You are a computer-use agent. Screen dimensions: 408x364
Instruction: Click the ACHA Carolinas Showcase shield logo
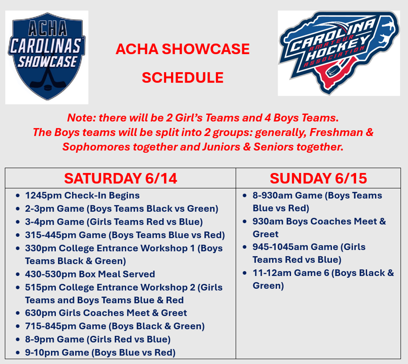[x=47, y=56]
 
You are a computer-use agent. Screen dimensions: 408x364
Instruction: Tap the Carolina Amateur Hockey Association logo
[x=339, y=53]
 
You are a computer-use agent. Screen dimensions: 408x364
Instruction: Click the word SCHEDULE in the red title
[x=182, y=78]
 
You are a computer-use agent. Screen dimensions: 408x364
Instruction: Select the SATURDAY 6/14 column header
[x=120, y=178]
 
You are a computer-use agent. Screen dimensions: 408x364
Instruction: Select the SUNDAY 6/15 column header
[x=318, y=178]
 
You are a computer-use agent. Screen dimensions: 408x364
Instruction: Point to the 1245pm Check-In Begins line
[x=82, y=195]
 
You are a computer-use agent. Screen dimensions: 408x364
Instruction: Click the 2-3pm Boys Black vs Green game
[x=122, y=209]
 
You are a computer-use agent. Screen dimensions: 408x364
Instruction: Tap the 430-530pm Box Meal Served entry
[x=90, y=274]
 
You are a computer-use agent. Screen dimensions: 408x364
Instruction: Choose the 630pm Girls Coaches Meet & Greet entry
[x=106, y=313]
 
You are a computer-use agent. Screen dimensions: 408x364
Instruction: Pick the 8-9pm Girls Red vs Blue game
[x=98, y=339]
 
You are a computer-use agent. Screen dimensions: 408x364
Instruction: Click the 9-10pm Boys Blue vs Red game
[x=100, y=352]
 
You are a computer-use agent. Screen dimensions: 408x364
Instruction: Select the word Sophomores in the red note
[x=96, y=147]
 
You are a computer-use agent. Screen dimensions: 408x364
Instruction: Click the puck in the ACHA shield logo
[x=48, y=87]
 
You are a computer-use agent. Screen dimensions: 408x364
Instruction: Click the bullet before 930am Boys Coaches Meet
[x=245, y=222]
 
